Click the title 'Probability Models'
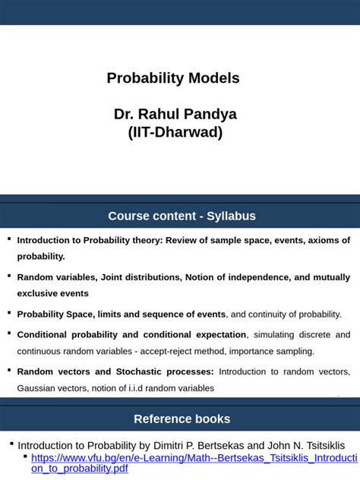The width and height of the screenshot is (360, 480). (173, 78)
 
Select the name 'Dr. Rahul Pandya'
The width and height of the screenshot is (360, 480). (175, 115)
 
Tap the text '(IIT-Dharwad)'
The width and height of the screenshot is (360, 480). (175, 133)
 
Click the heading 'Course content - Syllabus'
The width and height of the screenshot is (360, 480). (182, 216)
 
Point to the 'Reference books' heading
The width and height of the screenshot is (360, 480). (182, 418)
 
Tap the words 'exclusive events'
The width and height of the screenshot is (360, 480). (53, 293)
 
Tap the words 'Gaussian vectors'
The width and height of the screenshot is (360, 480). (52, 388)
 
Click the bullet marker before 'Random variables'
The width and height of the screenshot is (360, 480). (9, 276)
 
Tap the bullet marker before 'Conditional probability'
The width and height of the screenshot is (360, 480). (9, 333)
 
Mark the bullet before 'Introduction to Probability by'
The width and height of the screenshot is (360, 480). (11, 444)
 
